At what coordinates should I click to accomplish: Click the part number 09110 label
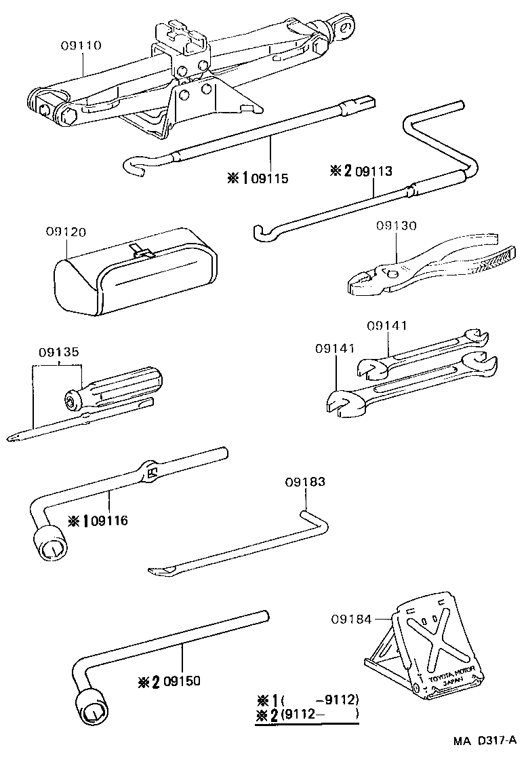pos(81,46)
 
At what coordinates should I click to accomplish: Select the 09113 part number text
pos(373,172)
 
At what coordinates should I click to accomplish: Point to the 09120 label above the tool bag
pos(66,232)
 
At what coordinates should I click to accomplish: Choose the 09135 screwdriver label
pos(59,352)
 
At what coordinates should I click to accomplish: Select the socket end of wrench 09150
pos(91,709)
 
